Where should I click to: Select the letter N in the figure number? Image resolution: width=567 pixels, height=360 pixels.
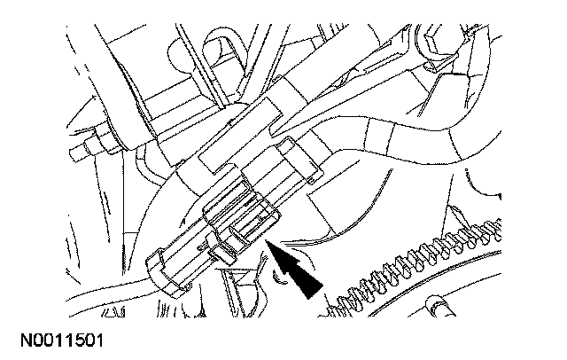point(15,340)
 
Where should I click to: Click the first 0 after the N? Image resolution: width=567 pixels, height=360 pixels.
point(28,340)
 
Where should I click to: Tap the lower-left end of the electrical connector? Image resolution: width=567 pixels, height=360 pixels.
point(158,266)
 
